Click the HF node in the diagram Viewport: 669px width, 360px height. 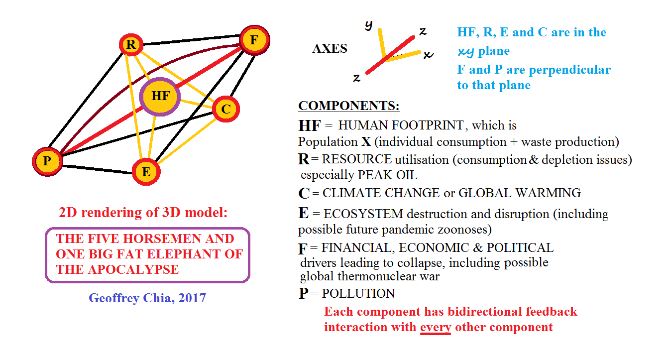point(160,97)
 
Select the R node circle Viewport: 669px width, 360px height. point(131,45)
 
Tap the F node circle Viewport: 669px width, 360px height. point(254,40)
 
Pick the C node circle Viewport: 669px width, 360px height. point(226,109)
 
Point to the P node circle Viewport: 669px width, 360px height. point(47,161)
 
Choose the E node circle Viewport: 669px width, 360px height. point(146,172)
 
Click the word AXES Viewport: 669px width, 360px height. point(330,49)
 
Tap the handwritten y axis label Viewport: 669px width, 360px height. point(368,25)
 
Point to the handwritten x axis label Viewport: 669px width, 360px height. point(428,54)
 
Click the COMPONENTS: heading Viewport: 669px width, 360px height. point(348,106)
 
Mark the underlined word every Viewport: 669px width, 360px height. point(436,327)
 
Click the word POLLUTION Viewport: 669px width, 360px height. point(358,294)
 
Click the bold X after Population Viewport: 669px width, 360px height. point(366,142)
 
